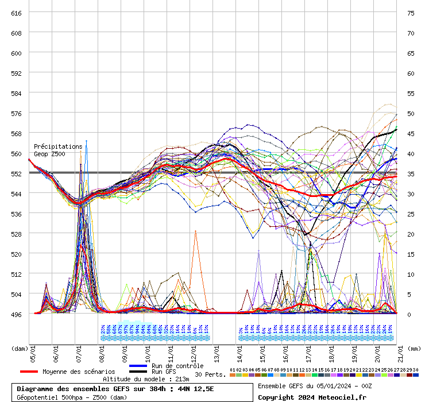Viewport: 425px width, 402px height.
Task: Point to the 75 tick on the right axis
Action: click(411, 13)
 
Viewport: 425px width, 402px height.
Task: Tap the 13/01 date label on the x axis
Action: click(217, 354)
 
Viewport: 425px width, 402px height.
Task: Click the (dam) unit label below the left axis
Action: click(20, 348)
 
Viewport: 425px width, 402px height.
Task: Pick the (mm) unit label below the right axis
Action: click(414, 348)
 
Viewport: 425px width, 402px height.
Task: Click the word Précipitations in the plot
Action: click(57, 147)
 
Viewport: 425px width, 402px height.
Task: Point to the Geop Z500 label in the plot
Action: click(49, 154)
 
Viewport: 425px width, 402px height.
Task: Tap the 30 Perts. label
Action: click(211, 374)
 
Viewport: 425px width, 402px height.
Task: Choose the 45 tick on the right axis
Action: click(411, 133)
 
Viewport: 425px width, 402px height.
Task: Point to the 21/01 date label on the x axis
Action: click(401, 354)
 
